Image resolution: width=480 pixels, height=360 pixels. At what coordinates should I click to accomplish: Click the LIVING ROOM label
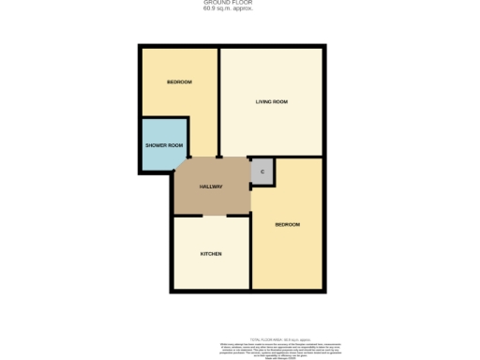coord(271,101)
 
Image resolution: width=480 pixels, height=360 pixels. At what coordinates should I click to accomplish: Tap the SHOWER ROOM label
coord(163,146)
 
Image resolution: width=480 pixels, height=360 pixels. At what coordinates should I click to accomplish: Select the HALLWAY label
coord(211,187)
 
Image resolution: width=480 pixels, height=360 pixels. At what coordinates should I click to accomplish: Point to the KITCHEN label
coord(211,254)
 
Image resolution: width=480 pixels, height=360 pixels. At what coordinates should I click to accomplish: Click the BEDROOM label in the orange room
coord(179,82)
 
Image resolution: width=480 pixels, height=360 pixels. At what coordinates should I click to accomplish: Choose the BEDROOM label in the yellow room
coord(287,225)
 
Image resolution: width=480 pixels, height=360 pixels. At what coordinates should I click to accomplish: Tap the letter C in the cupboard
coord(262,172)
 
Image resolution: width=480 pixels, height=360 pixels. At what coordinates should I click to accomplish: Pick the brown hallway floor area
coord(211,197)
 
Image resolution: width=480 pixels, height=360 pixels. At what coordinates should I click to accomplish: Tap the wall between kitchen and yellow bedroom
coord(250,253)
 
